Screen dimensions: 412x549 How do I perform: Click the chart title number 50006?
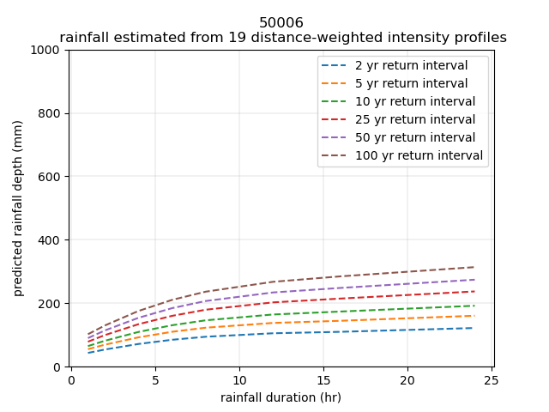coord(281,23)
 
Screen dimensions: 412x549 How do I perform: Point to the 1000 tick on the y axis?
coord(49,50)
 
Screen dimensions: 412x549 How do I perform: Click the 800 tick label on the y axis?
coord(52,113)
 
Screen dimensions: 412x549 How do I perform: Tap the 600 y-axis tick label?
coord(52,177)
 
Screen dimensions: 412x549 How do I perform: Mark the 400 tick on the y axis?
coord(52,240)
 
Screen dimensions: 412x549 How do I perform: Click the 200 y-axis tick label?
coord(52,304)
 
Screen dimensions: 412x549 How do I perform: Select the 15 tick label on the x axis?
coord(323,379)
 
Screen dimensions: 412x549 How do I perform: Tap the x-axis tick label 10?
coord(238,379)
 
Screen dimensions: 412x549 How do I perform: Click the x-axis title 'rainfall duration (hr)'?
coord(281,397)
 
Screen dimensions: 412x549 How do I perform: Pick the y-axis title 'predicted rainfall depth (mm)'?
coord(19,209)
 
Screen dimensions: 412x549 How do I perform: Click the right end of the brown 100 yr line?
coord(474,267)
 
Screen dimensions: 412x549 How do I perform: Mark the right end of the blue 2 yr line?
coord(474,328)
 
